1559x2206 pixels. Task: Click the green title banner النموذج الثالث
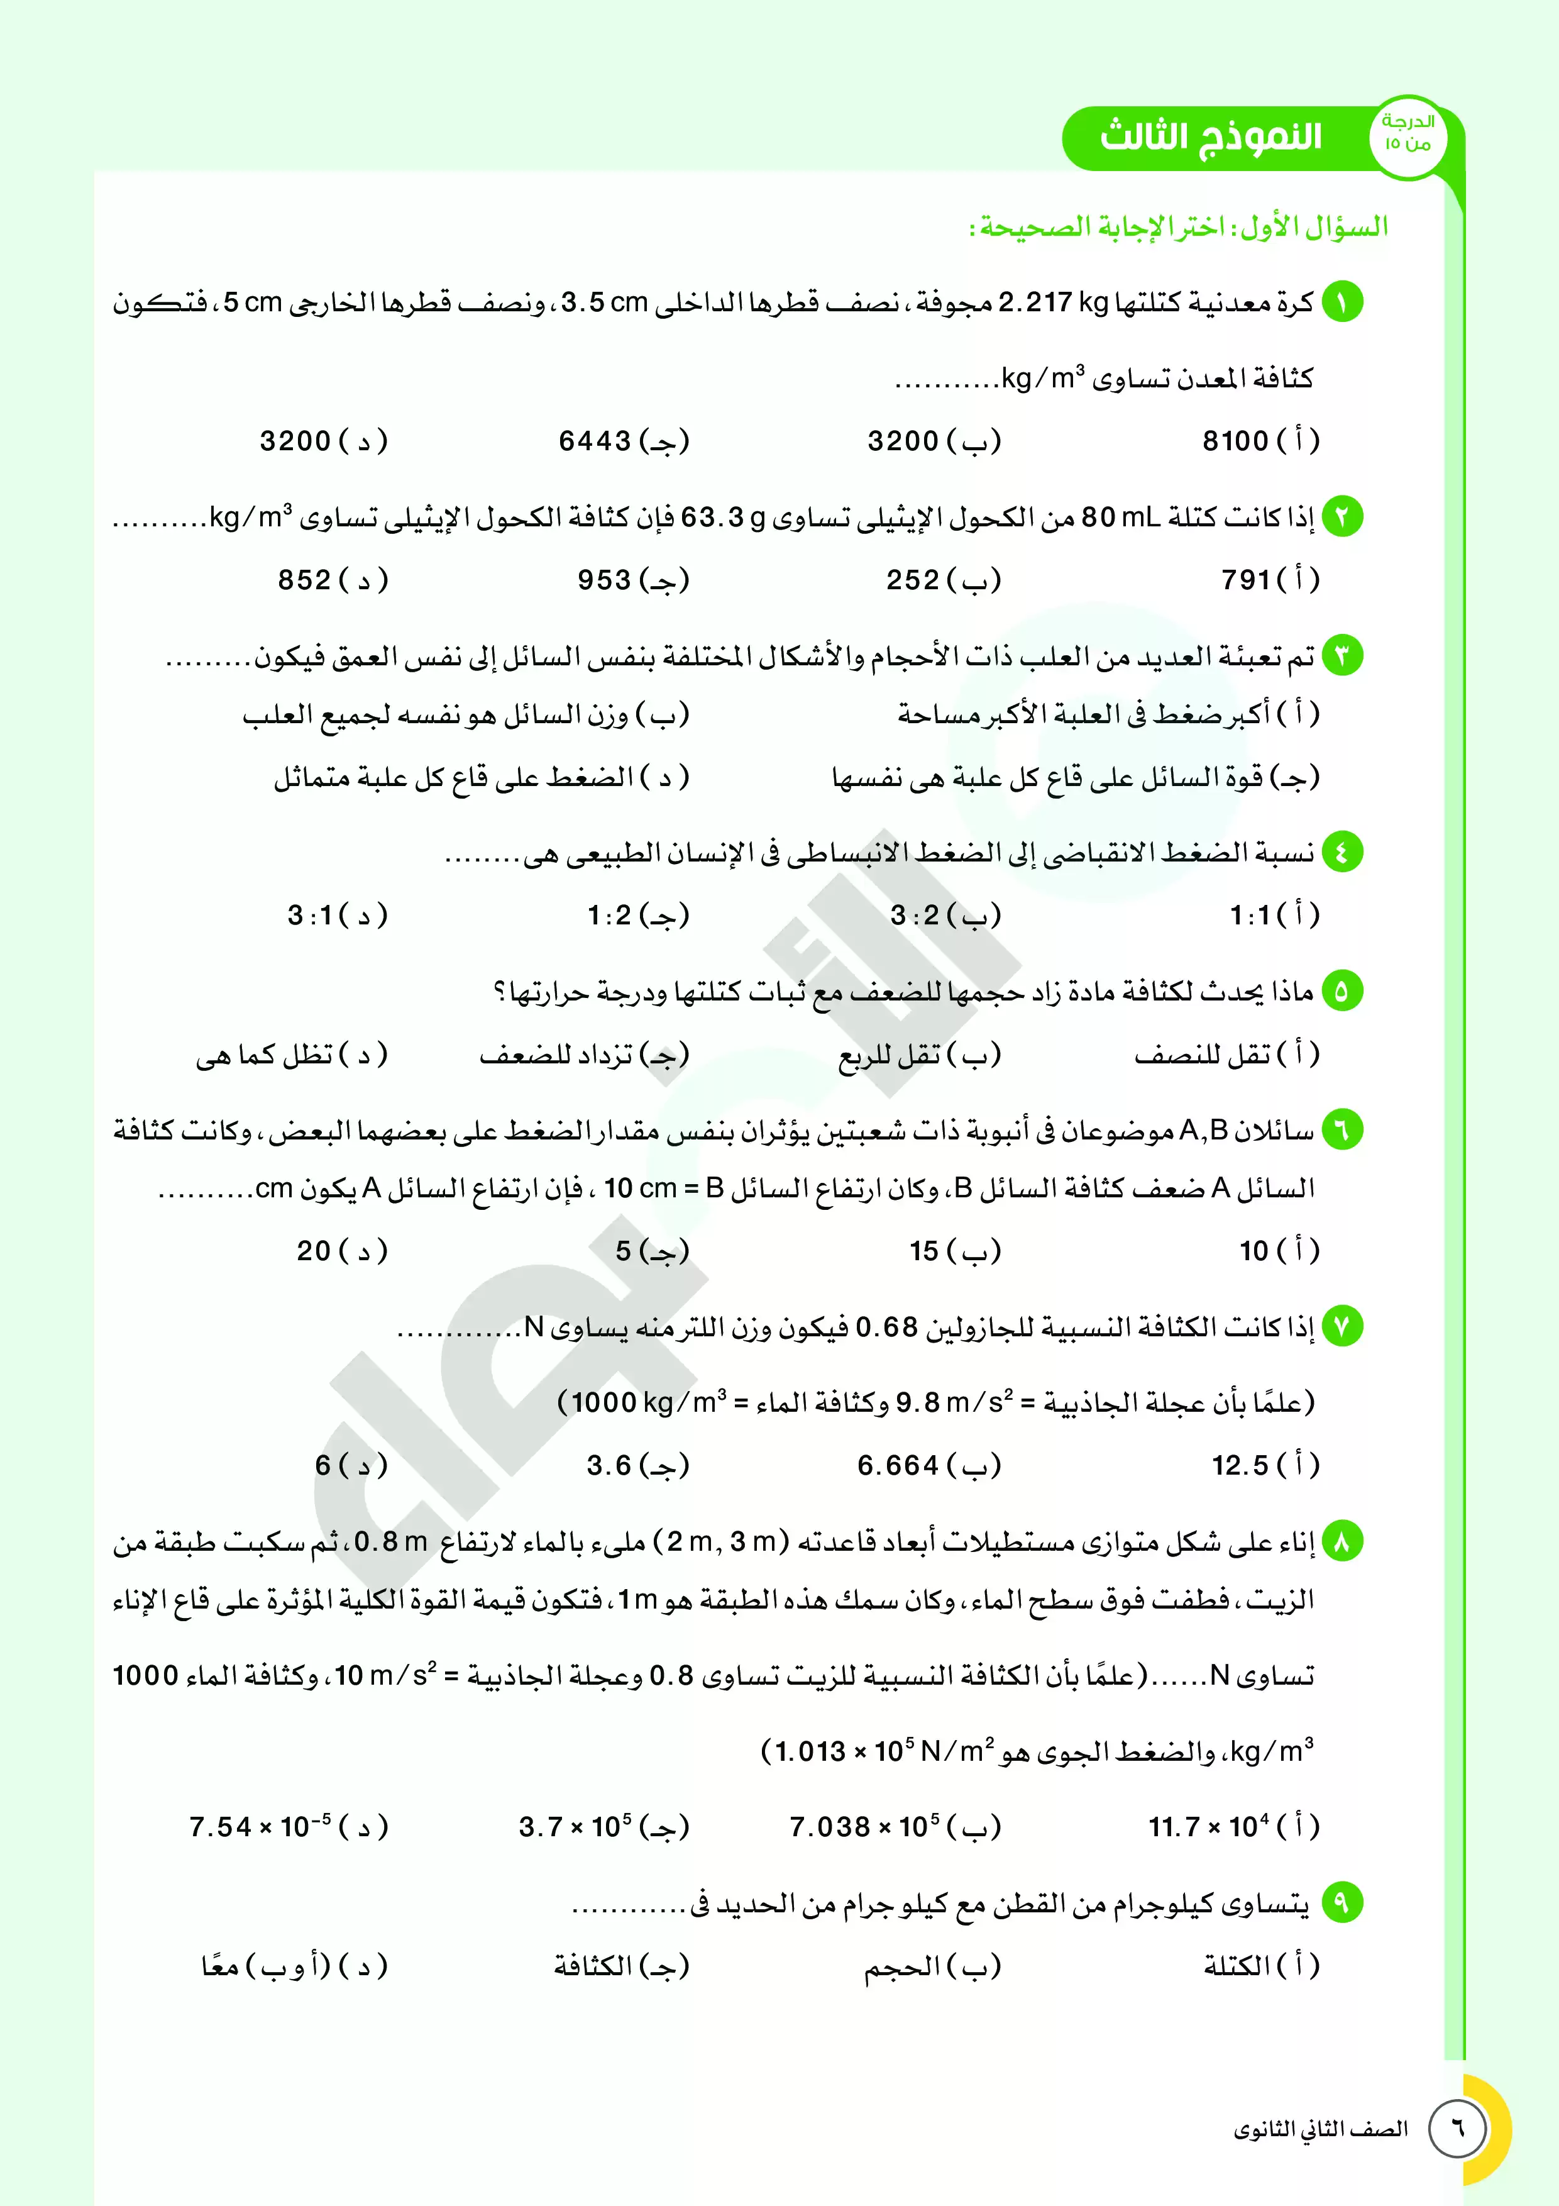pos(1210,136)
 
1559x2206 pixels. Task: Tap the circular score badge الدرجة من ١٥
pos(1408,135)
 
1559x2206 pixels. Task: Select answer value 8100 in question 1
pos(1235,441)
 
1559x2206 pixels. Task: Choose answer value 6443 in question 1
pos(595,441)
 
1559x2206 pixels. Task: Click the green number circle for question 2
pos(1342,517)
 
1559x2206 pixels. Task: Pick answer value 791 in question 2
pos(1246,579)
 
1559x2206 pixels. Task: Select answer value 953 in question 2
pos(604,579)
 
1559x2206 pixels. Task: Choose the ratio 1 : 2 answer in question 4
pos(610,915)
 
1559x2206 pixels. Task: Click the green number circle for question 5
pos(1342,990)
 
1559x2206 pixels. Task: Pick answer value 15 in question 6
pos(924,1250)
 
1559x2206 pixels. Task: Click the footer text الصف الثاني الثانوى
pos(1321,2129)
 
